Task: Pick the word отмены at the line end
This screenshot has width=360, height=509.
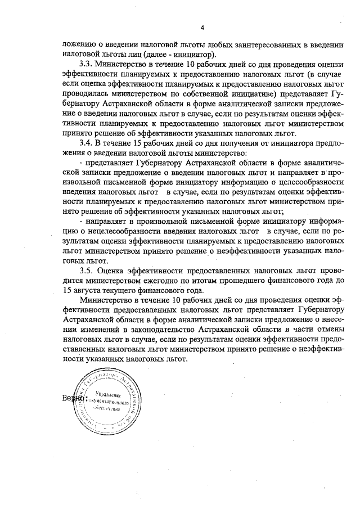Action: (x=327, y=331)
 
